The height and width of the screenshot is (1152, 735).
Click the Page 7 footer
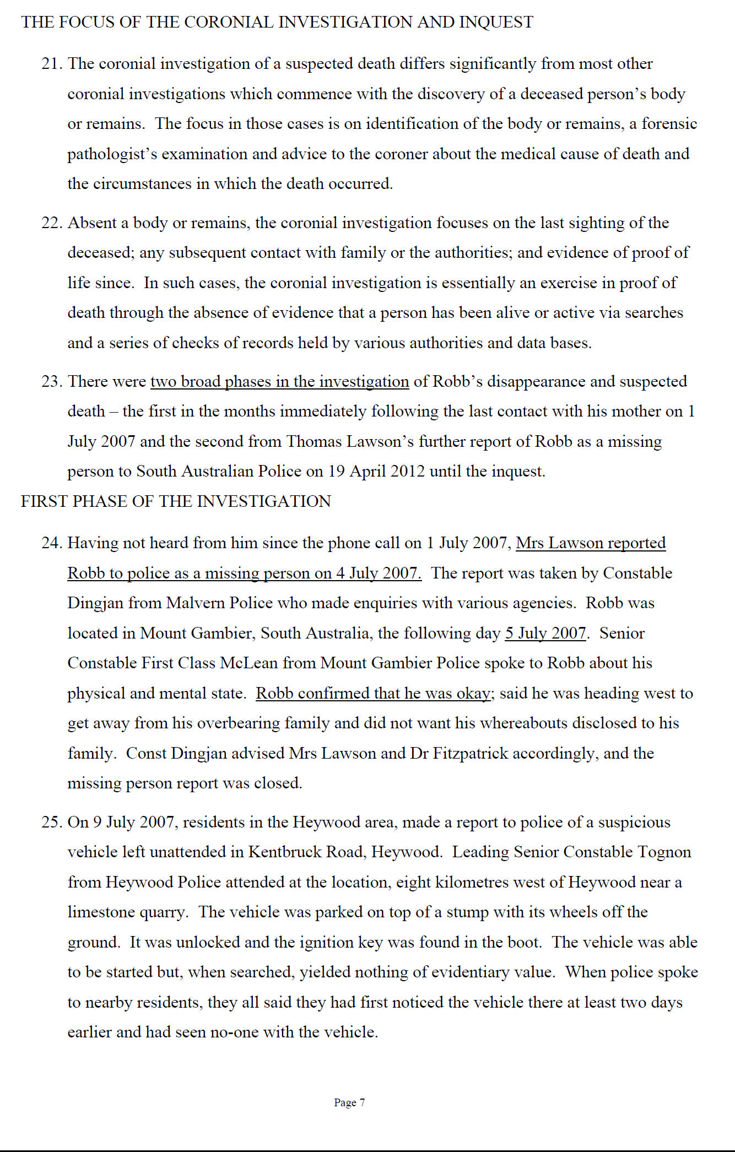click(x=349, y=1102)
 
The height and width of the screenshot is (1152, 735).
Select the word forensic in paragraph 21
click(x=669, y=124)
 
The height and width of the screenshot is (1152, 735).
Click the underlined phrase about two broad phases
click(x=279, y=382)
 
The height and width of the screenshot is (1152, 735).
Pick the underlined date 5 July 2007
click(x=545, y=634)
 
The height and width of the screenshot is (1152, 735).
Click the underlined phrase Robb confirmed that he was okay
click(x=373, y=694)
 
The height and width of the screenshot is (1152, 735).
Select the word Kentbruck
click(x=285, y=852)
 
